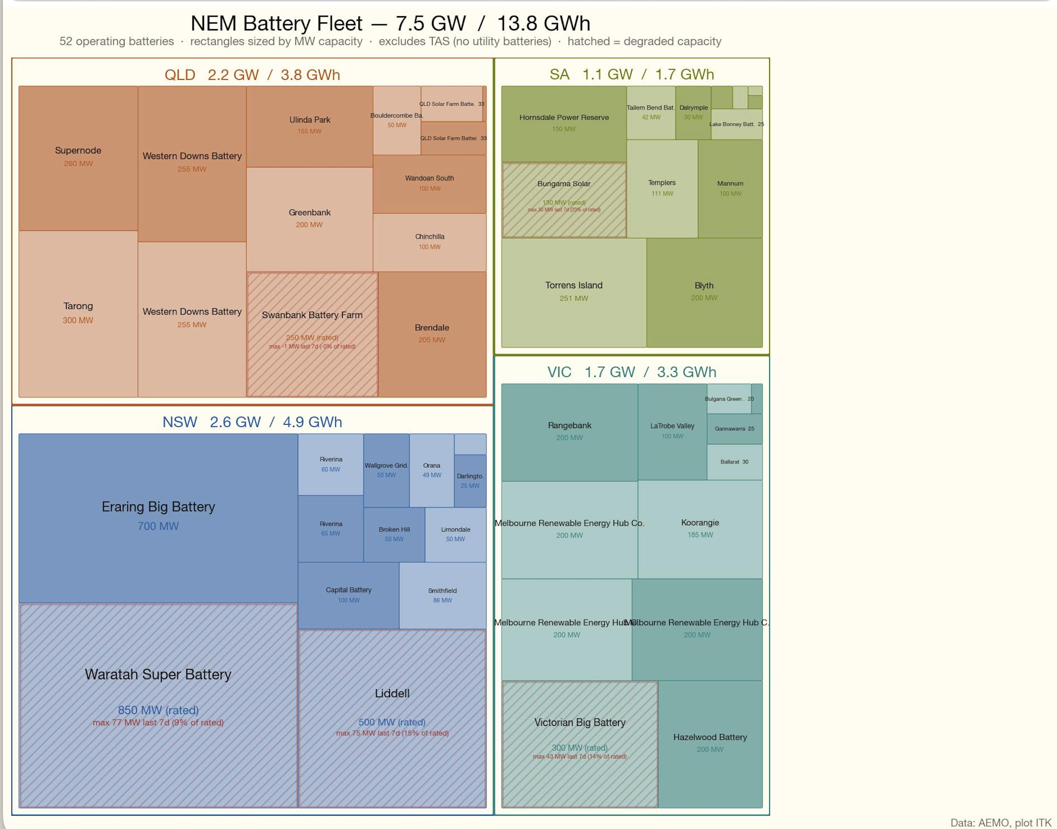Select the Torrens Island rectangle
coord(573,292)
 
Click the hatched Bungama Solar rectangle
coord(563,200)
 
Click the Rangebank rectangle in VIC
coord(569,432)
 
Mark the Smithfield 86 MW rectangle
coord(442,595)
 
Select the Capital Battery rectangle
coord(348,595)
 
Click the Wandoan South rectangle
coord(430,183)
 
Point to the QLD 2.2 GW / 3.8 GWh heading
coord(252,75)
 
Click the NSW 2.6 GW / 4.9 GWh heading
coord(252,422)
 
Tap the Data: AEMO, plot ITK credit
coord(1000,823)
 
